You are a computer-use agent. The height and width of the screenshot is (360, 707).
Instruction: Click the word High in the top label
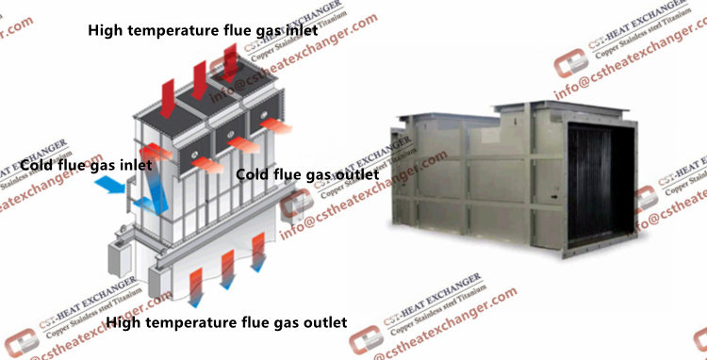point(107,30)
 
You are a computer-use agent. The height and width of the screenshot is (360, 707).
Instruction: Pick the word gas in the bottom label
point(274,323)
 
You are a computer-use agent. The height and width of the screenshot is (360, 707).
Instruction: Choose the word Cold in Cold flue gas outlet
point(255,174)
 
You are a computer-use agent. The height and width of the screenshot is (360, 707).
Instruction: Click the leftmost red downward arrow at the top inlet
point(167,91)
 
